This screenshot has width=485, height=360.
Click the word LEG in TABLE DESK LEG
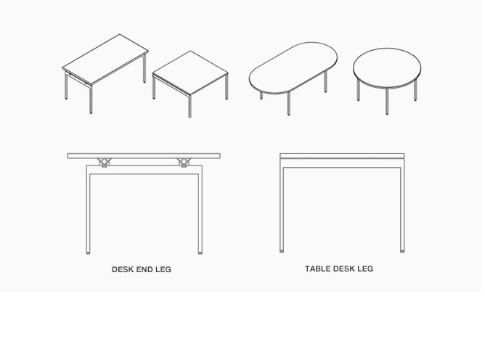coord(365,269)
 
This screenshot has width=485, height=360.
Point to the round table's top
coord(387,68)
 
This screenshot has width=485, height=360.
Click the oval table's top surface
coord(293,67)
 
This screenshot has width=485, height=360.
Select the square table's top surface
coord(190,73)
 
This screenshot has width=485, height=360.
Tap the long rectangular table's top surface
coord(105,59)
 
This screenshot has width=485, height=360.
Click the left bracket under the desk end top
coord(104,163)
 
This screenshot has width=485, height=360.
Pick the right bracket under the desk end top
coord(184,163)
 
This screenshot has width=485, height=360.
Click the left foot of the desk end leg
coord(89,253)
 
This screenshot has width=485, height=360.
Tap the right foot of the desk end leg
coord(200,253)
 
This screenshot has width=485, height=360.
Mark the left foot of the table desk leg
coord(282,251)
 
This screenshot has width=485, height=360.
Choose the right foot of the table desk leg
coord(402,251)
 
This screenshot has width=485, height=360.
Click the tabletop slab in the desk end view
coord(144,156)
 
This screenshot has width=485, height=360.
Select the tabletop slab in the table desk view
coord(342,156)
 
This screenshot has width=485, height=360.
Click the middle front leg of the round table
coord(387,102)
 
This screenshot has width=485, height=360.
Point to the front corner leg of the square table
coord(190,106)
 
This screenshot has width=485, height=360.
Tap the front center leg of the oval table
coord(288,104)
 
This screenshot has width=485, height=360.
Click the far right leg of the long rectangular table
coord(144,69)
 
